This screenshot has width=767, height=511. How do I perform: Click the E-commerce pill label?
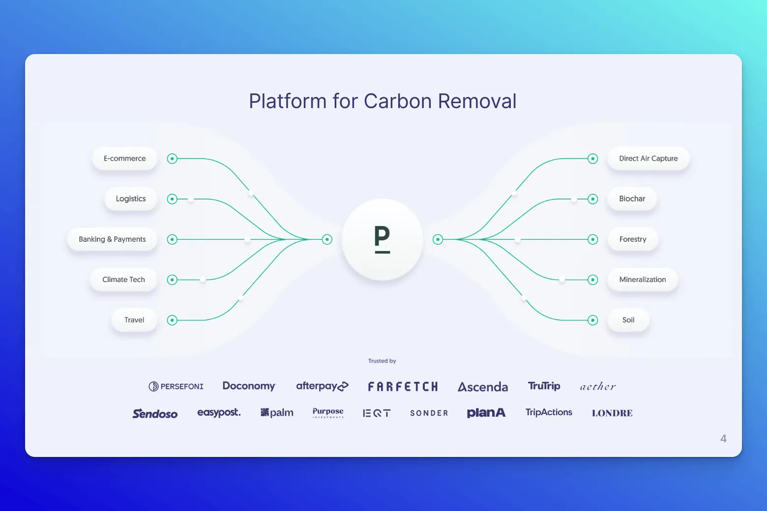pos(124,159)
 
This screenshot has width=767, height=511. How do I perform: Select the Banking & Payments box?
pos(112,239)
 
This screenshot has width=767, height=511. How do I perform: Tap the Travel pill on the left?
pos(134,320)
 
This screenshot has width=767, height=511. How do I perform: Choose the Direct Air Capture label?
pos(648,159)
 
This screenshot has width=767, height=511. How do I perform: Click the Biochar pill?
pos(632,199)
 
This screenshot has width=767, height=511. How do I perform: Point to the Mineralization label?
pos(642,280)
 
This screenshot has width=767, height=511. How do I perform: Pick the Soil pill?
pos(628,320)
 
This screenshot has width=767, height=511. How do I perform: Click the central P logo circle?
pos(382,239)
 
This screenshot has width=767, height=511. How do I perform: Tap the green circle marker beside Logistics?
pos(172,199)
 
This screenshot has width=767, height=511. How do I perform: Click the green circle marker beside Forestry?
pos(593,239)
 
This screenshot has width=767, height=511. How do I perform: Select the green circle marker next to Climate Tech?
pos(172,280)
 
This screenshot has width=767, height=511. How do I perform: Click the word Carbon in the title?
pos(398,101)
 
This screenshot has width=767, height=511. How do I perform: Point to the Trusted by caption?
pos(382,361)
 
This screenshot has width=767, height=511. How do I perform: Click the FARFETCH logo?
pos(403,387)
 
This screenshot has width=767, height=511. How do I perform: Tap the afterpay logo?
pos(322,386)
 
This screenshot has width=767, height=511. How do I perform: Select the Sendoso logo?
pos(155,414)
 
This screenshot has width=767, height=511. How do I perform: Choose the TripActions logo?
pos(549,412)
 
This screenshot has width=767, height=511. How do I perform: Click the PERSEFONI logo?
pos(176,387)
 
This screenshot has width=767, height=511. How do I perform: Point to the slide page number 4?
pos(723,438)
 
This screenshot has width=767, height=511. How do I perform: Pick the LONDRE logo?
pos(612,413)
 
